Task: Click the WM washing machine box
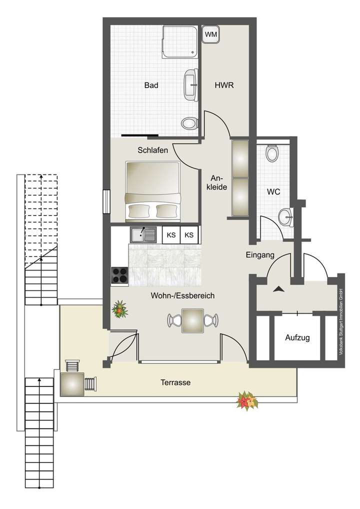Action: tap(211, 34)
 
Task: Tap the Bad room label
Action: tap(151, 85)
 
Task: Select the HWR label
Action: tap(224, 85)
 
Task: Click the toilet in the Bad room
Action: tap(189, 122)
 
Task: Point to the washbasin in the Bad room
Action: tap(190, 84)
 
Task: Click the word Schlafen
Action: tap(153, 149)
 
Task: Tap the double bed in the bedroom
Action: tap(152, 191)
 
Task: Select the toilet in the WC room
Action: tap(272, 153)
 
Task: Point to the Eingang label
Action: tap(260, 255)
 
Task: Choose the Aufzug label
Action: tap(297, 337)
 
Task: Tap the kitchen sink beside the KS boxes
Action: tap(143, 234)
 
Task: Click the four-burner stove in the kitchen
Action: tap(120, 275)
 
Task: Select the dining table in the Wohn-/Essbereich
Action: tap(192, 320)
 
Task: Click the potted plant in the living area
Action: tap(120, 309)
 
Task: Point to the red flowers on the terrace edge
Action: tap(247, 401)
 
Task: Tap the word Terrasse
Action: tap(175, 382)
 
